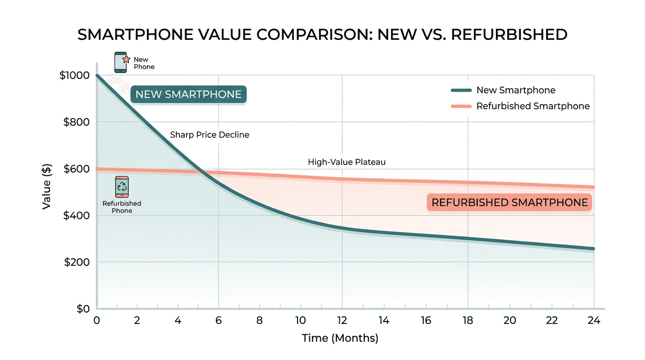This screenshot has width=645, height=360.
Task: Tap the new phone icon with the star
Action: pos(121,62)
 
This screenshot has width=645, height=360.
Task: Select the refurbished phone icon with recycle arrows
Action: pos(122,187)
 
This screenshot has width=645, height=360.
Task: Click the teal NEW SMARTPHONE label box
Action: pos(188,95)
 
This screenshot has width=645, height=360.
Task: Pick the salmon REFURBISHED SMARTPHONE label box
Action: pos(510,202)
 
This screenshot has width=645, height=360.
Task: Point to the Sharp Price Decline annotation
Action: pos(210,135)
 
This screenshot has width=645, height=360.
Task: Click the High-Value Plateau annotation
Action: pos(346,162)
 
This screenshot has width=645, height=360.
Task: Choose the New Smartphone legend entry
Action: pos(516,90)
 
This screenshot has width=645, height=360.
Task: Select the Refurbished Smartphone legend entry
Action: pos(532,106)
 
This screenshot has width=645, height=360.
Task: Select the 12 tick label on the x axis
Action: pos(342,321)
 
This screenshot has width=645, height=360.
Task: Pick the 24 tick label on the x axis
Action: pos(594,321)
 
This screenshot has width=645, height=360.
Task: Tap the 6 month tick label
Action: pos(218,321)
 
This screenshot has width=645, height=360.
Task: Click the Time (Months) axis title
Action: pos(340,338)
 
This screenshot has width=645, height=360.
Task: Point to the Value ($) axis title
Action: pos(46,186)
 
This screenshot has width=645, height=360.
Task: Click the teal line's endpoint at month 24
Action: pos(593,248)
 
